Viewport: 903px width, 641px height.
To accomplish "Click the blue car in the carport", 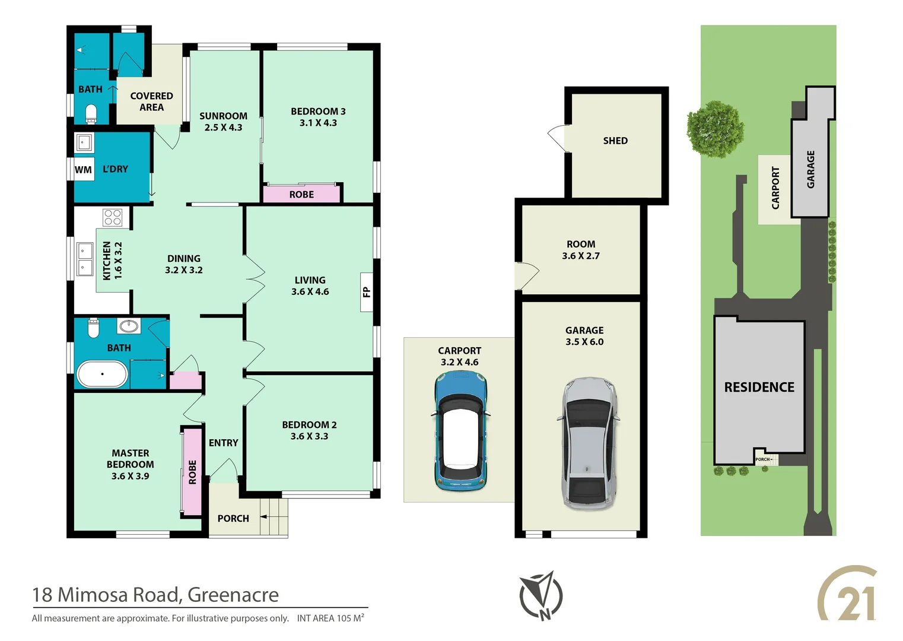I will [x=460, y=431].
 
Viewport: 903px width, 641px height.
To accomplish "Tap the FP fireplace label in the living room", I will [x=367, y=291].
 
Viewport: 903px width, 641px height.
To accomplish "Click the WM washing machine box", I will [x=83, y=170].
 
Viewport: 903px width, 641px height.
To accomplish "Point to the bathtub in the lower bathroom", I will [x=102, y=374].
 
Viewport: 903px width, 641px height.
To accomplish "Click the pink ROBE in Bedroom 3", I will [x=301, y=194].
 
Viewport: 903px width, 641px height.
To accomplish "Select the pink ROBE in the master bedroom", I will [x=192, y=472].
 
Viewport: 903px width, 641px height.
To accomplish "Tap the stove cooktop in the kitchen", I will [x=112, y=217].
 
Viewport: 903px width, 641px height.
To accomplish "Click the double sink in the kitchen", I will [x=85, y=259].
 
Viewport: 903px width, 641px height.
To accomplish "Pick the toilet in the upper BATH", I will [x=91, y=113].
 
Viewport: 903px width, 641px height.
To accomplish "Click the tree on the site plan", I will [x=714, y=129].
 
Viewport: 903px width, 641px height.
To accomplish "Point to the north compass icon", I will [x=540, y=595].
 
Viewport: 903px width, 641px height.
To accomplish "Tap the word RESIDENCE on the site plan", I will [x=759, y=387].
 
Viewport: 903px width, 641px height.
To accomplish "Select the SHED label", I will [x=615, y=141].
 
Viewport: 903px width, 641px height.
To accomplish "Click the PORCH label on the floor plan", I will [x=233, y=518].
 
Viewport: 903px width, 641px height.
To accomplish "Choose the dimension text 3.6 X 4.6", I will [x=310, y=291].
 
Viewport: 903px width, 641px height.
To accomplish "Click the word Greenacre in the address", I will [x=233, y=595].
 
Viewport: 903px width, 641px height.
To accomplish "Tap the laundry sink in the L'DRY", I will [x=84, y=142].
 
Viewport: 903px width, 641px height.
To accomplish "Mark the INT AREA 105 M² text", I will [x=330, y=618].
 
